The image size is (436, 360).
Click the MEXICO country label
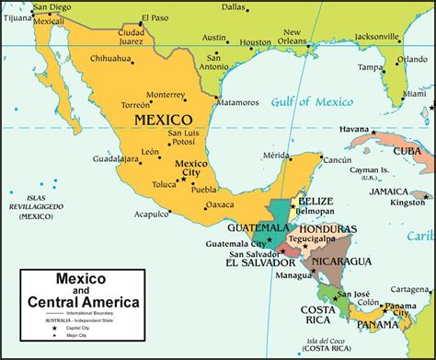[163, 120]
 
